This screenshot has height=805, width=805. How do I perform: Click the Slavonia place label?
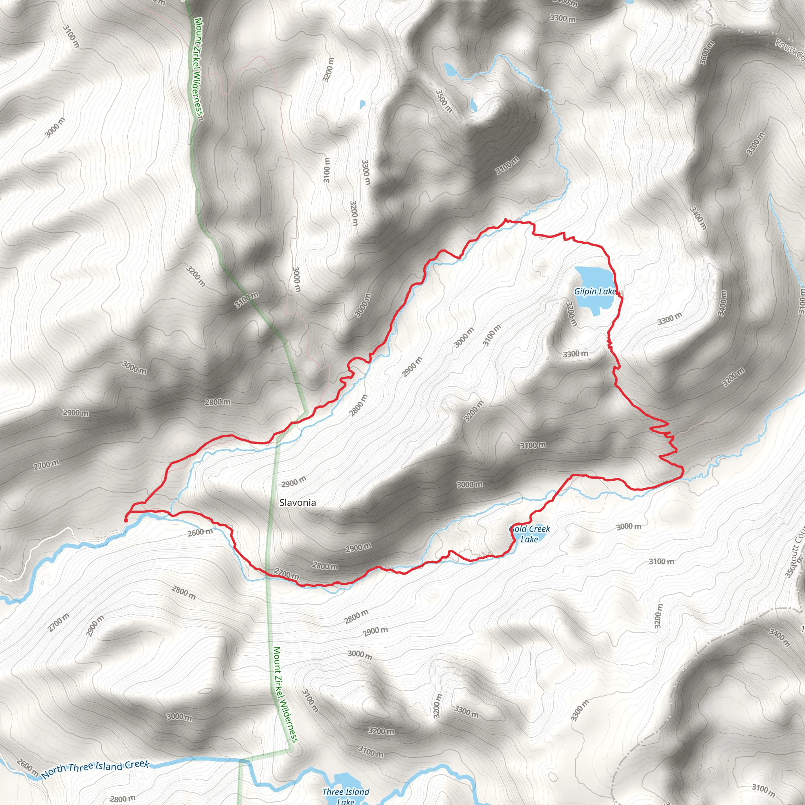(x=298, y=502)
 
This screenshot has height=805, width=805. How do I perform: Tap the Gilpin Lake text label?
(x=595, y=291)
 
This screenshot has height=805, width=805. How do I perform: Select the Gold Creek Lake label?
(x=529, y=534)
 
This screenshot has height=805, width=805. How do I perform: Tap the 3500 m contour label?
(x=444, y=101)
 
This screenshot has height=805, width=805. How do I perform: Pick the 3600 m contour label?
(x=707, y=53)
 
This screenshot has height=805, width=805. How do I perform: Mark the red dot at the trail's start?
(x=126, y=520)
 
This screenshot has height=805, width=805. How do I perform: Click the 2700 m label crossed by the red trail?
(x=287, y=574)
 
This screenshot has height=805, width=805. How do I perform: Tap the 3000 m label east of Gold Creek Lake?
(x=629, y=527)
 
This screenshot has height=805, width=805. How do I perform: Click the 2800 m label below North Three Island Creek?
(x=123, y=798)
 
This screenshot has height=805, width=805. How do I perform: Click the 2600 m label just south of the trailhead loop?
(x=200, y=532)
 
